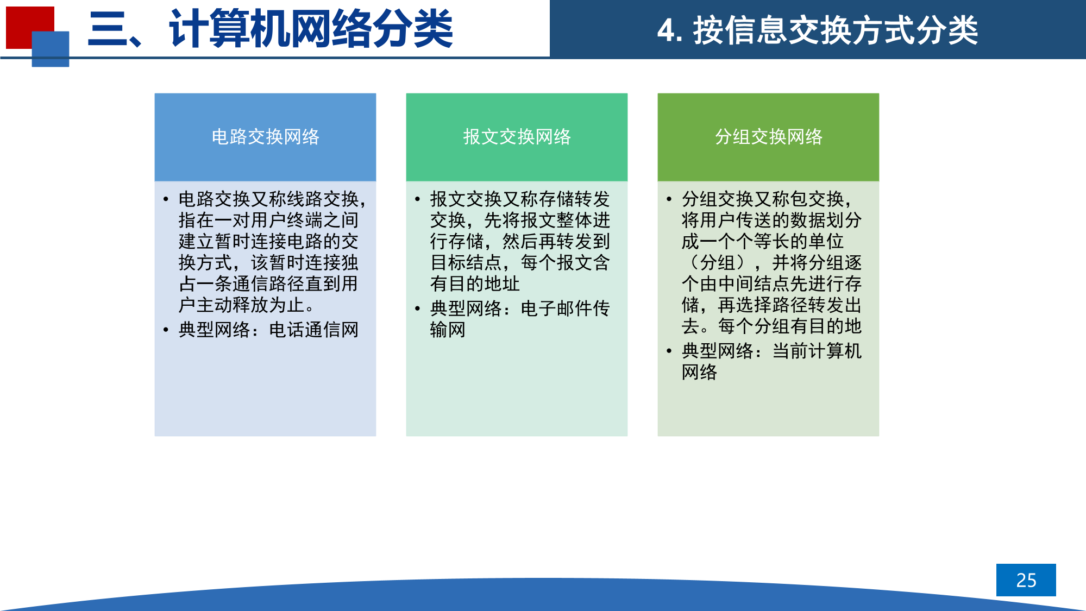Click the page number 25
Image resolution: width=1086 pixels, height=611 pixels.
(x=1026, y=580)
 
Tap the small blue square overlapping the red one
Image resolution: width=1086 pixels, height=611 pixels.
(x=51, y=49)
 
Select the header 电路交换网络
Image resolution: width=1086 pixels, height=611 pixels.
(x=265, y=137)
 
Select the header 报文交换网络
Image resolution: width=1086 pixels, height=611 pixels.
(x=517, y=137)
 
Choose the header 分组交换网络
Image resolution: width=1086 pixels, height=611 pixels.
(x=768, y=137)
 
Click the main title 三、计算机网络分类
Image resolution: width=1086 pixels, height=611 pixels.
(x=270, y=29)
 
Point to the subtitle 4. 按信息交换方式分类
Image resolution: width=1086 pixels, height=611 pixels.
(x=817, y=30)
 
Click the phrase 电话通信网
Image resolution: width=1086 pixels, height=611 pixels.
(x=313, y=330)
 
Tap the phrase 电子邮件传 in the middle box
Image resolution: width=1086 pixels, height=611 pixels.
(x=565, y=308)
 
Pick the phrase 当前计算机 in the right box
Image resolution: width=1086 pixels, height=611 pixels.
(x=817, y=351)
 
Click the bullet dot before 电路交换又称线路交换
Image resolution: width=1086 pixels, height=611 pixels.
(x=166, y=200)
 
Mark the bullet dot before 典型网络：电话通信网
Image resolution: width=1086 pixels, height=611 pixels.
(x=166, y=330)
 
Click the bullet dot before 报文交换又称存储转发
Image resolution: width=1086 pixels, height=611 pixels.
(x=417, y=200)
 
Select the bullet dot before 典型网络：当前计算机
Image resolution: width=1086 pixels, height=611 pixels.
(x=669, y=351)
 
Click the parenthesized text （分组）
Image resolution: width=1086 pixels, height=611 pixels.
(x=718, y=263)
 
